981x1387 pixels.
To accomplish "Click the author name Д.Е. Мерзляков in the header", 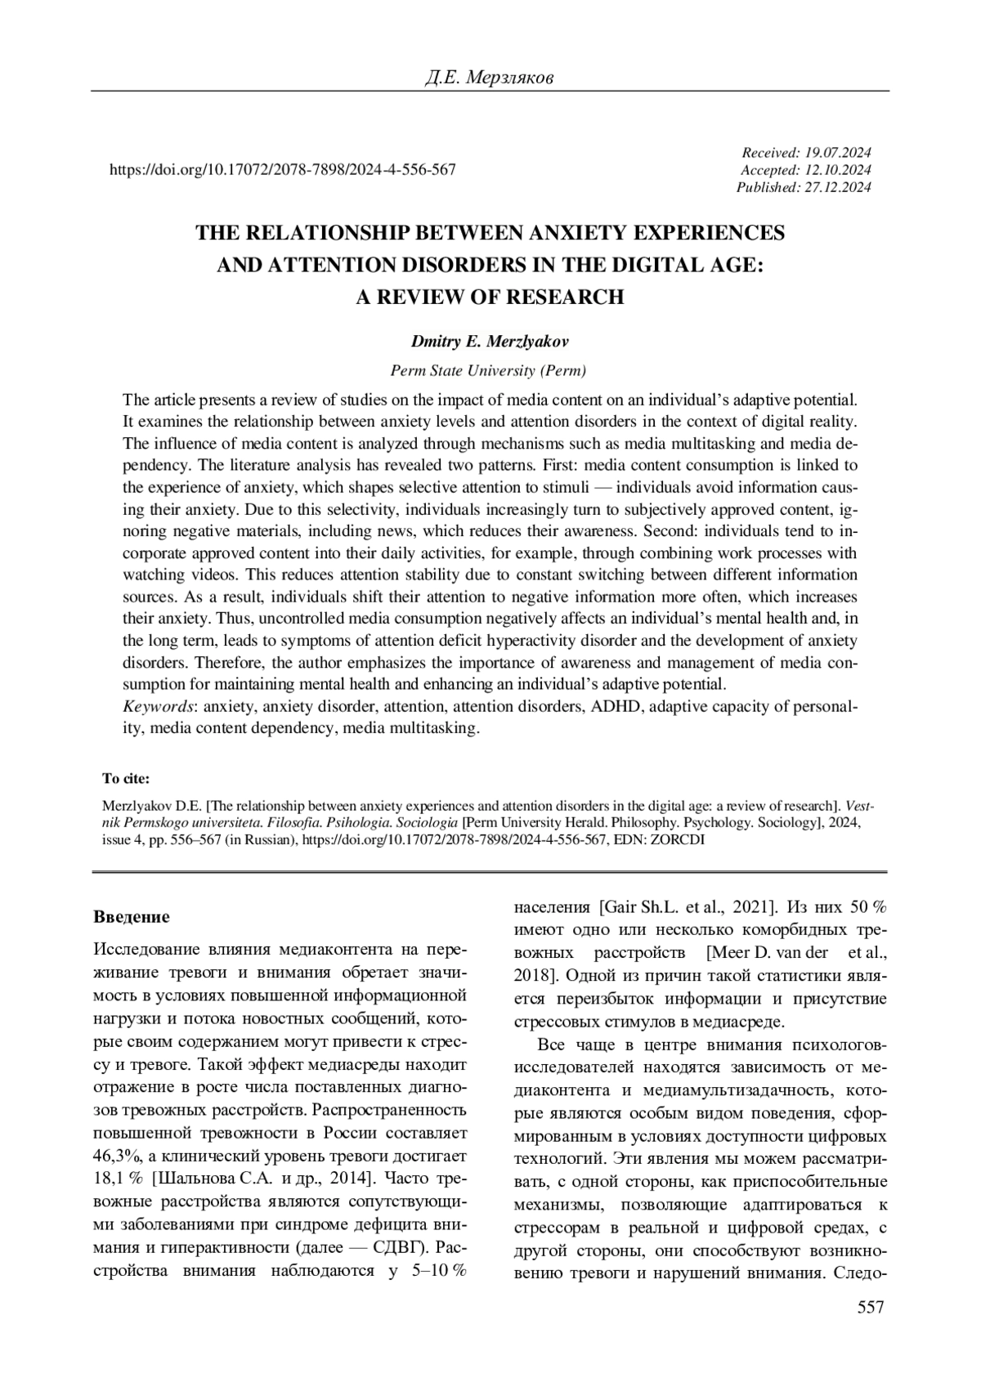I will tap(489, 78).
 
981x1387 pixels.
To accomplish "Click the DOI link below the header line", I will tap(282, 170).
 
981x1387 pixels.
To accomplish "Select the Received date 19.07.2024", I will tap(838, 153).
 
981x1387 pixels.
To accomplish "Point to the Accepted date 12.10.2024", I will tap(838, 170).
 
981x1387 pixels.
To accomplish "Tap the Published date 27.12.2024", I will tap(838, 187).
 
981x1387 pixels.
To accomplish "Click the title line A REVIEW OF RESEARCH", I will tap(489, 297).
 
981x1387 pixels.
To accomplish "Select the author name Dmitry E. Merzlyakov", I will tap(489, 342).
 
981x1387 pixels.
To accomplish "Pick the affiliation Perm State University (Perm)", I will tap(489, 370).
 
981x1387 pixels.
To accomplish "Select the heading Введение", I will tap(132, 917).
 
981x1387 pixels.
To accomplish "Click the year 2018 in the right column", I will tap(533, 976).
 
